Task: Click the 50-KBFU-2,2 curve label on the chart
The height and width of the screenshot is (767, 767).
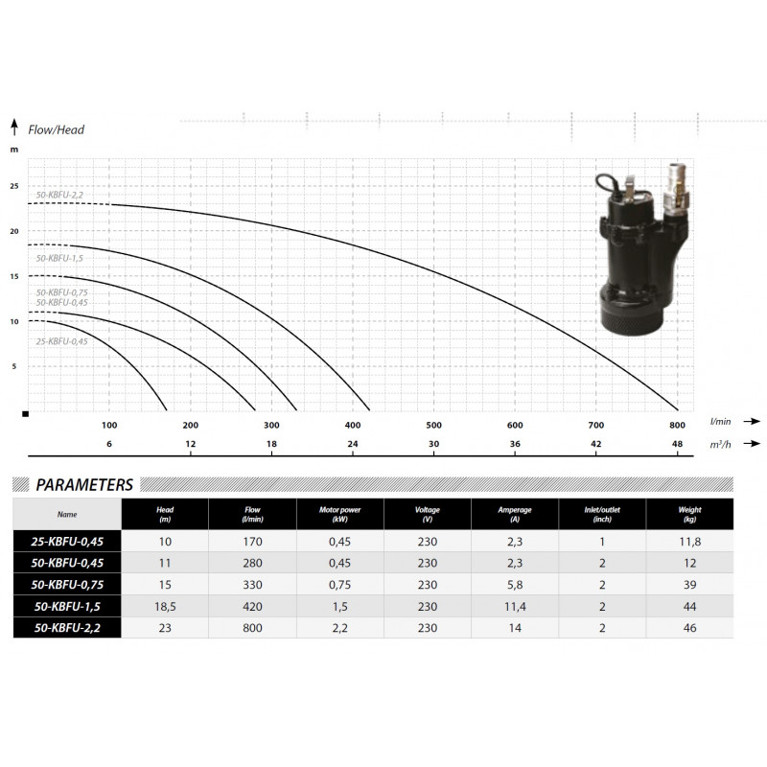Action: pyautogui.click(x=59, y=195)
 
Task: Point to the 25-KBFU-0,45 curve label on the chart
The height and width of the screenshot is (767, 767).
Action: pyautogui.click(x=61, y=341)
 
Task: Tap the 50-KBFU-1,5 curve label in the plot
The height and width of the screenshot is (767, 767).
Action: pyautogui.click(x=59, y=258)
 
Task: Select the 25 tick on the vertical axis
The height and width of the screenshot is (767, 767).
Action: pyautogui.click(x=14, y=186)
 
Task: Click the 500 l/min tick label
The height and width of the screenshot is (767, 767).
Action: pyautogui.click(x=434, y=425)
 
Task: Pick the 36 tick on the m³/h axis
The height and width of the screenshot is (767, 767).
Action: pyautogui.click(x=515, y=444)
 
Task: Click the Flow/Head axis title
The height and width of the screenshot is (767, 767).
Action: pyautogui.click(x=57, y=129)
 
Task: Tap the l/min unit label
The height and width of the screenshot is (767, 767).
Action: pyautogui.click(x=721, y=421)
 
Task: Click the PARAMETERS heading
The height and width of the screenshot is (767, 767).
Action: pyautogui.click(x=84, y=485)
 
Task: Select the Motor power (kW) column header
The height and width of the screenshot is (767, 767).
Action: pyautogui.click(x=340, y=514)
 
